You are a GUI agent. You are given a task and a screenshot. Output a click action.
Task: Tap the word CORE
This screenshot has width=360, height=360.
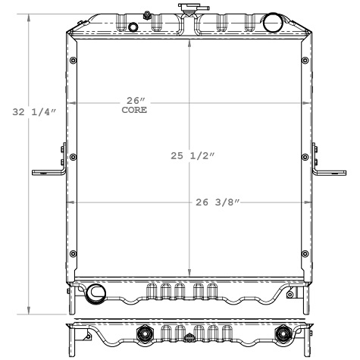tap(134, 111)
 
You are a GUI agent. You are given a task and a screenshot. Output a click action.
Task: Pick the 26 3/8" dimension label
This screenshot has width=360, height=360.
tap(218, 202)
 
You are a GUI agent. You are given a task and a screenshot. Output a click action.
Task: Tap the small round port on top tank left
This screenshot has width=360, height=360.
tap(135, 29)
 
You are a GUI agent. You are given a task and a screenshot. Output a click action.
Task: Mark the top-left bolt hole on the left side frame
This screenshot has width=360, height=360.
tap(73, 61)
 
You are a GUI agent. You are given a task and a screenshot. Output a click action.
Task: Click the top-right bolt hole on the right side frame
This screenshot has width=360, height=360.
tap(305, 61)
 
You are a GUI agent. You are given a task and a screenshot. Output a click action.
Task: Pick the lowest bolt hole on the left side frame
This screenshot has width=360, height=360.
tap(73, 253)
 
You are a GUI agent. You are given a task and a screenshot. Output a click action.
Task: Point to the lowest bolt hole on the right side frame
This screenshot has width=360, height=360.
tap(305, 253)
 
